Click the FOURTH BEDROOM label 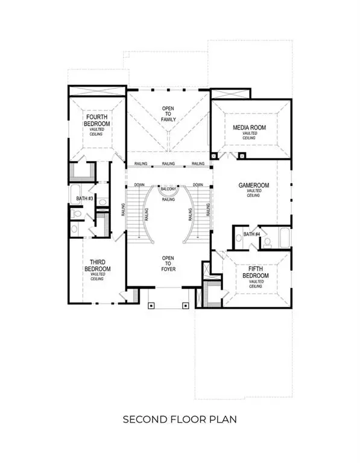click(96, 120)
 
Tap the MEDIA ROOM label click(250, 128)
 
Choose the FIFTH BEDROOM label click(253, 276)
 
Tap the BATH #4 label click(251, 235)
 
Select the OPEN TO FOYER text click(168, 261)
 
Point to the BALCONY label click(168, 189)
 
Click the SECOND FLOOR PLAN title click(179, 418)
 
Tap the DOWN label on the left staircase click(139, 185)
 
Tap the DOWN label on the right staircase click(197, 185)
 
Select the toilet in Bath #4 click(266, 243)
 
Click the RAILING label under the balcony click(169, 199)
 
